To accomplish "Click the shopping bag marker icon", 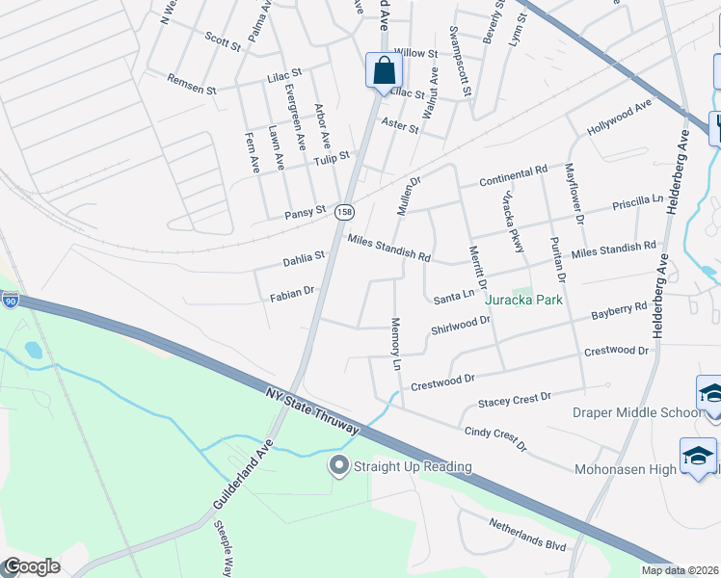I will (384, 71).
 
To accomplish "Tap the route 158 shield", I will (345, 210).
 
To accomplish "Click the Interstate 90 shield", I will (10, 301).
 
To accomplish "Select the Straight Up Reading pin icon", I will (338, 466).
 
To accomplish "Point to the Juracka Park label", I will (523, 300).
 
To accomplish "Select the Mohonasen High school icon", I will (698, 455).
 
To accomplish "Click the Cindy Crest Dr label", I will (495, 439).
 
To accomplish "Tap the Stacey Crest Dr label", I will (515, 397).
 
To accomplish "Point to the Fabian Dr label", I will (292, 291).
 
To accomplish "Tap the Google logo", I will (32, 566).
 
